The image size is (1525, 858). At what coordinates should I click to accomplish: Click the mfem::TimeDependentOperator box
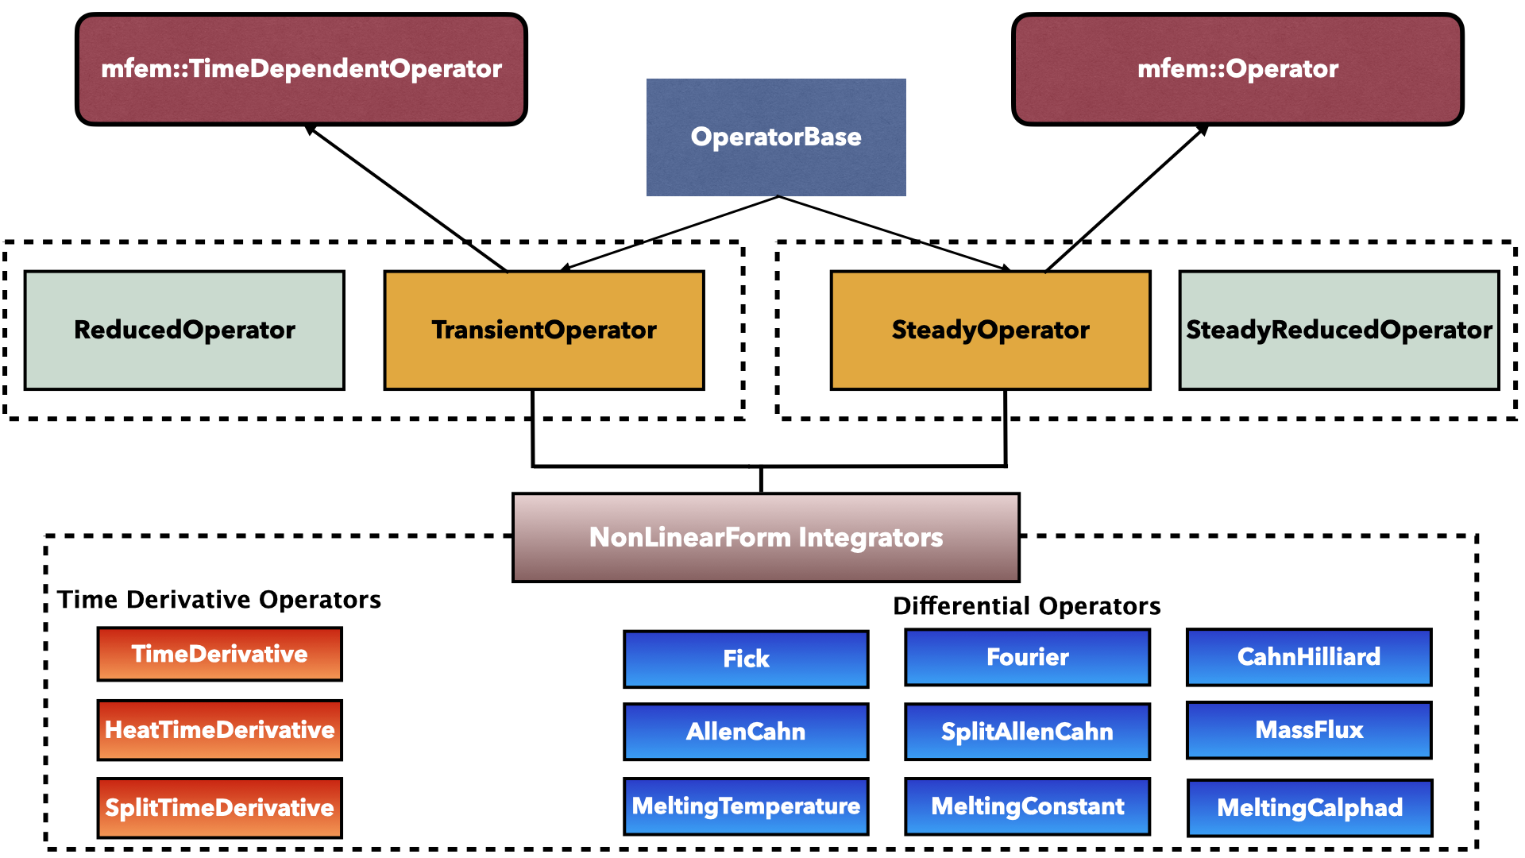tap(301, 69)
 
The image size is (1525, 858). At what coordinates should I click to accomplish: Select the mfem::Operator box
tap(1237, 69)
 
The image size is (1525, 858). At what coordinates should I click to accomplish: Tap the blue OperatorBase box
tap(776, 137)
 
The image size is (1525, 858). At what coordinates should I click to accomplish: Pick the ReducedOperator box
tap(184, 330)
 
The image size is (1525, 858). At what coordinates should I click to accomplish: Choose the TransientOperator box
tap(544, 330)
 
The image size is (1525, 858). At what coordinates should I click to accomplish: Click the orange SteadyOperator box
tap(990, 330)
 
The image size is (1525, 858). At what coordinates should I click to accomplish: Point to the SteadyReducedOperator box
tap(1339, 330)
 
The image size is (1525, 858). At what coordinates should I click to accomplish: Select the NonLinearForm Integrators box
tap(766, 537)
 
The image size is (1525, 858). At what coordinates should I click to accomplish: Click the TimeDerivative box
tap(220, 654)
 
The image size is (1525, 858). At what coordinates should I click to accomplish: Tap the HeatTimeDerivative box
tap(220, 730)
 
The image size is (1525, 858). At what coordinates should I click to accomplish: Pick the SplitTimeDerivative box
tap(220, 808)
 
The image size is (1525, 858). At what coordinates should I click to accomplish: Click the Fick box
tap(746, 659)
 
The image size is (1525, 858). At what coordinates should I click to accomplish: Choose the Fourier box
tap(1027, 657)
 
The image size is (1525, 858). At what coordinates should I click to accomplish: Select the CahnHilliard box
tap(1309, 657)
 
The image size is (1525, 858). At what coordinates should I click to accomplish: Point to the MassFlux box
tap(1309, 730)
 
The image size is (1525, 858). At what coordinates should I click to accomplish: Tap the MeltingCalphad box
tap(1310, 808)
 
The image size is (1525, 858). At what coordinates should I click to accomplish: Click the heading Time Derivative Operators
tap(219, 599)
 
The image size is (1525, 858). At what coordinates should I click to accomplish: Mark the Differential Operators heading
tap(1026, 605)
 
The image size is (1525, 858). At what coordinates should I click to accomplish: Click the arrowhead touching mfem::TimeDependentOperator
tap(311, 129)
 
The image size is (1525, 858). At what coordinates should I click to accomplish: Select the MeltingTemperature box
tap(746, 806)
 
